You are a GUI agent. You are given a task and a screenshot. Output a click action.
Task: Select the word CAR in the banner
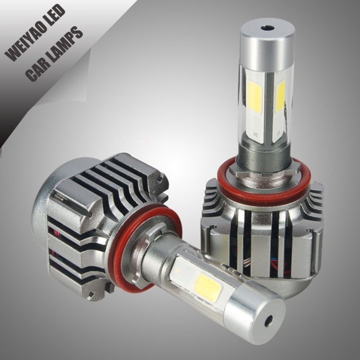click(x=37, y=68)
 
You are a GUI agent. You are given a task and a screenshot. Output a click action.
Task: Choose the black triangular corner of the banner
click(x=10, y=115)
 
